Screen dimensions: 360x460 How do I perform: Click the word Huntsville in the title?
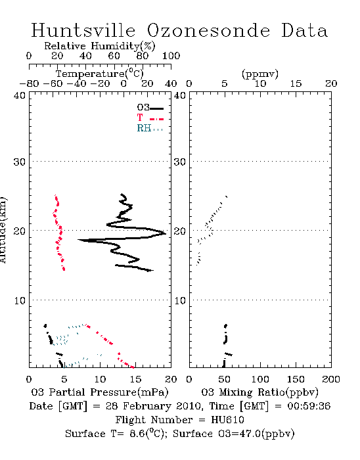click(83, 30)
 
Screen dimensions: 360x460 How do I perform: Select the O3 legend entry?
click(150, 108)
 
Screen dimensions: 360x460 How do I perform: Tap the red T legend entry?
click(150, 118)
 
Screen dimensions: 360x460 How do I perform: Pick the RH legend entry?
click(150, 128)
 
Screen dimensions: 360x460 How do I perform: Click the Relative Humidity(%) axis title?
click(100, 46)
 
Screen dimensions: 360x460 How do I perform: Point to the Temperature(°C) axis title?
click(100, 74)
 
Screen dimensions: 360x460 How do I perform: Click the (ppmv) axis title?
click(260, 74)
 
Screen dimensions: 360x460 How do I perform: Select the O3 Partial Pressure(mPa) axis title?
click(100, 392)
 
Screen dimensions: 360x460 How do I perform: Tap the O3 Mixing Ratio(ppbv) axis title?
click(259, 392)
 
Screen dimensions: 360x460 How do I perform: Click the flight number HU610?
click(227, 420)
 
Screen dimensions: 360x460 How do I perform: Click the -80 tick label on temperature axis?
click(29, 84)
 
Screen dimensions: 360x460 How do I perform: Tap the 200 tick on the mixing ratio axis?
click(331, 379)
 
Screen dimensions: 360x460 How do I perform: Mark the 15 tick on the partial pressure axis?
click(135, 379)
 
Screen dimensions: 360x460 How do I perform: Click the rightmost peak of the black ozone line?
click(166, 233)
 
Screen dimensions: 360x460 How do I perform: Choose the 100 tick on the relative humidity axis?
click(171, 56)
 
